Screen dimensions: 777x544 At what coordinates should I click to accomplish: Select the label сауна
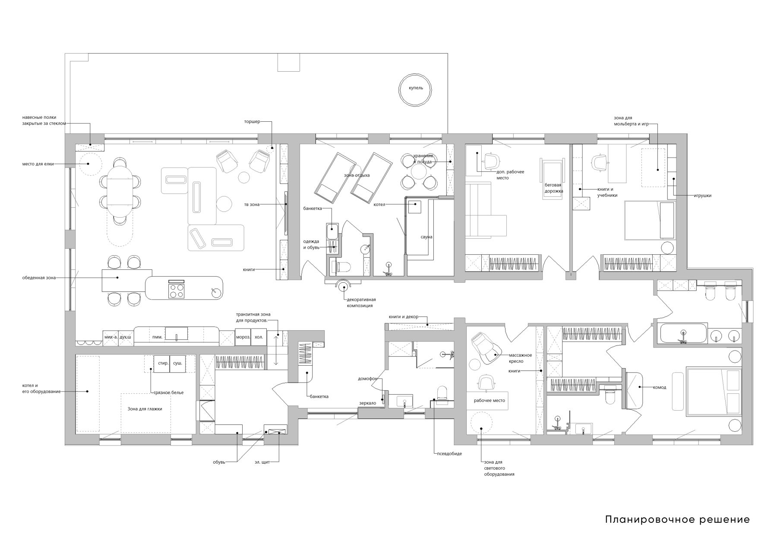click(x=426, y=237)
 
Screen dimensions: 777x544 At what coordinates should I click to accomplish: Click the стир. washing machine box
click(x=163, y=364)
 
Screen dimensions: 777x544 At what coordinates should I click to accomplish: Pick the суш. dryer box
click(x=178, y=364)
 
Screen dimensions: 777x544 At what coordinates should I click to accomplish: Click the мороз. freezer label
click(x=243, y=337)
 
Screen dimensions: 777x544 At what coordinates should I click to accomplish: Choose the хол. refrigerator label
click(x=259, y=337)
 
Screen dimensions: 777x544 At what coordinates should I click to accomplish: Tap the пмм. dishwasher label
click(x=157, y=337)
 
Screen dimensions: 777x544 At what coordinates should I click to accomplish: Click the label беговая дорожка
click(x=554, y=188)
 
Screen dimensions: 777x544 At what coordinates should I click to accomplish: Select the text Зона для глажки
click(x=145, y=409)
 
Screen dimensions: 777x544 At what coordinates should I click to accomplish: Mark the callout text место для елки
click(x=38, y=164)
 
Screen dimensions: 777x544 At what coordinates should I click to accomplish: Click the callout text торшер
click(x=252, y=122)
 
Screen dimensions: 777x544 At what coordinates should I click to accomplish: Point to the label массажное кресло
click(x=520, y=358)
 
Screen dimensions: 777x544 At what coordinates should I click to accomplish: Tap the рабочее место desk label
click(x=490, y=401)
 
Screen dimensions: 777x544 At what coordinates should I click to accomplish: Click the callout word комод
click(x=660, y=387)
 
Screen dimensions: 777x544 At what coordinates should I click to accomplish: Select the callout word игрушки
click(x=702, y=196)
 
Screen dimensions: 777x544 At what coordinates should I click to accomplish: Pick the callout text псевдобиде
click(x=449, y=454)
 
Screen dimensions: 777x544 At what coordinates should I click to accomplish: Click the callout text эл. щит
click(x=262, y=462)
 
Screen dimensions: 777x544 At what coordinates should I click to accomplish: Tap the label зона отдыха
click(x=357, y=175)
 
